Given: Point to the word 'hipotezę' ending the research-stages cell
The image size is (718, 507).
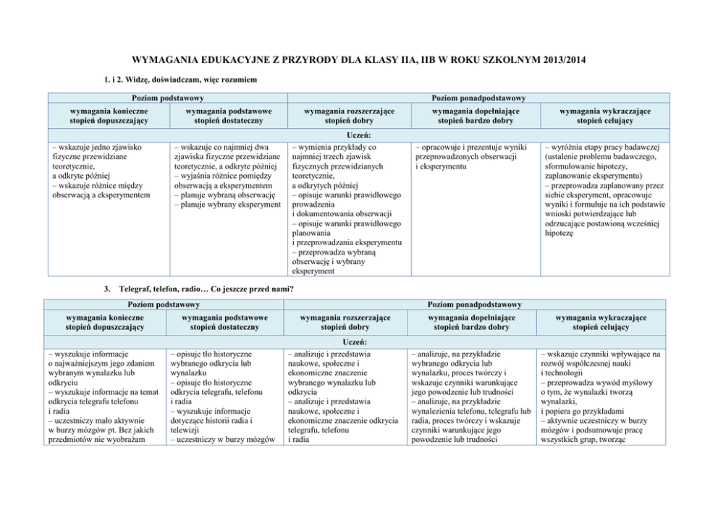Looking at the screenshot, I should (x=559, y=234).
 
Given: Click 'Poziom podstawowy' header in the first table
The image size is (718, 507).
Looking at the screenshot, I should (x=167, y=98).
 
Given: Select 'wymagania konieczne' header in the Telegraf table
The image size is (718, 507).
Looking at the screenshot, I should (x=105, y=318).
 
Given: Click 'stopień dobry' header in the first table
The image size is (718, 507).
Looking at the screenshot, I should (x=347, y=122).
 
